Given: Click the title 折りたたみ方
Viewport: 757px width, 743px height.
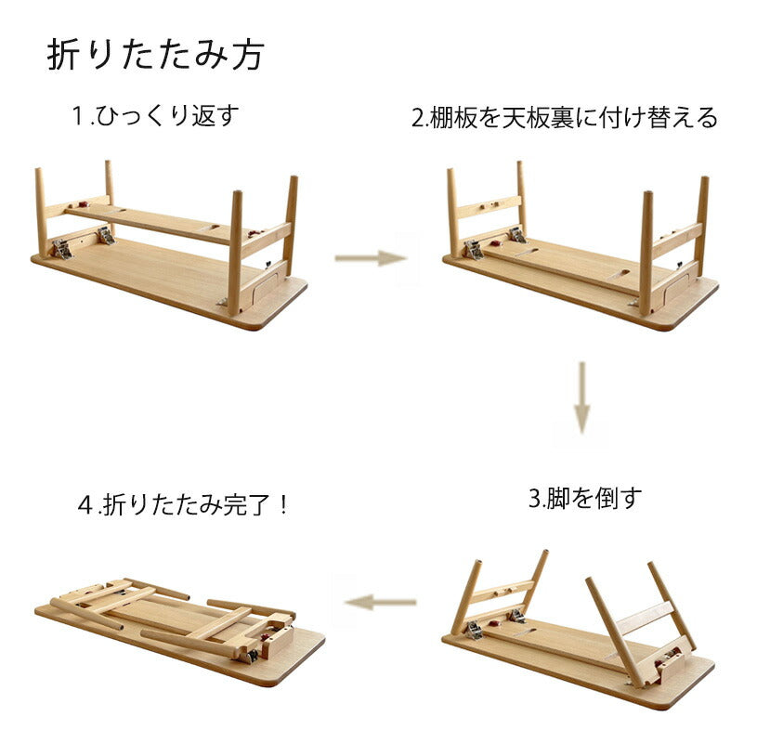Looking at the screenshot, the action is pos(155,54).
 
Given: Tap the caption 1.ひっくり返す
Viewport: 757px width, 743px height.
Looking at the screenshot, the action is pos(155,116).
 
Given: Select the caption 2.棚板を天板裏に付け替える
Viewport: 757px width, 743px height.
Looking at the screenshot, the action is pos(565,117).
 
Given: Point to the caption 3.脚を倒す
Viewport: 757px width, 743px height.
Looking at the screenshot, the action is pos(585,498).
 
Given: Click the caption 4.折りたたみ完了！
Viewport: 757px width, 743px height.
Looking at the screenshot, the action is pos(182,505).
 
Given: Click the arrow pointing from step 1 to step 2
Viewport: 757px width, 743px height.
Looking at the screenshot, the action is pos(371,258).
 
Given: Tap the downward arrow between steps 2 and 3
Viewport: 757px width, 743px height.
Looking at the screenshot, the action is pos(581,398).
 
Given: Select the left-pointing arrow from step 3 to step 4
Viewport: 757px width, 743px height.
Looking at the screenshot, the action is pos(381,602).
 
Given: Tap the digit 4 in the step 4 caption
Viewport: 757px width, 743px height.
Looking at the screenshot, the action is pos(85,506).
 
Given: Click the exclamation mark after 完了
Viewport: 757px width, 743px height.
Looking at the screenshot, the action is pos(283,505).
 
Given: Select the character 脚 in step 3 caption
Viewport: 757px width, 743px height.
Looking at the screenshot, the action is pos(557,498).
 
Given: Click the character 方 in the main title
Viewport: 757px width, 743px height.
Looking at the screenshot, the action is pos(248,55).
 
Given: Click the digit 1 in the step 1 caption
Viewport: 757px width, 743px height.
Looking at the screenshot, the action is pos(78,116).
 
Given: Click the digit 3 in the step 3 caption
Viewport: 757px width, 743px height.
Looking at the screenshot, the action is pos(535,499).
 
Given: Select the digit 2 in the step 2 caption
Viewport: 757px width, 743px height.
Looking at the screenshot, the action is pos(418,118).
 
